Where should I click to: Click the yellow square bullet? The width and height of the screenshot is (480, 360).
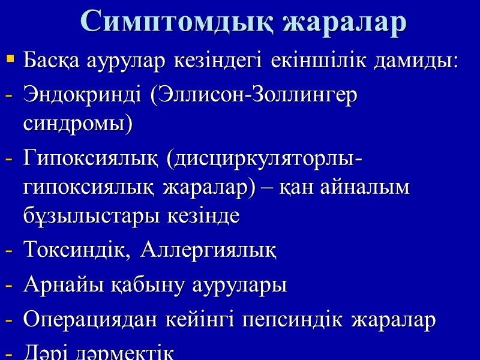point(10,59)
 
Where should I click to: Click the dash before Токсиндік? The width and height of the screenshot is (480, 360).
point(9,251)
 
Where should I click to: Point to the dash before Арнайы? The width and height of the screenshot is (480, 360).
point(9,286)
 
